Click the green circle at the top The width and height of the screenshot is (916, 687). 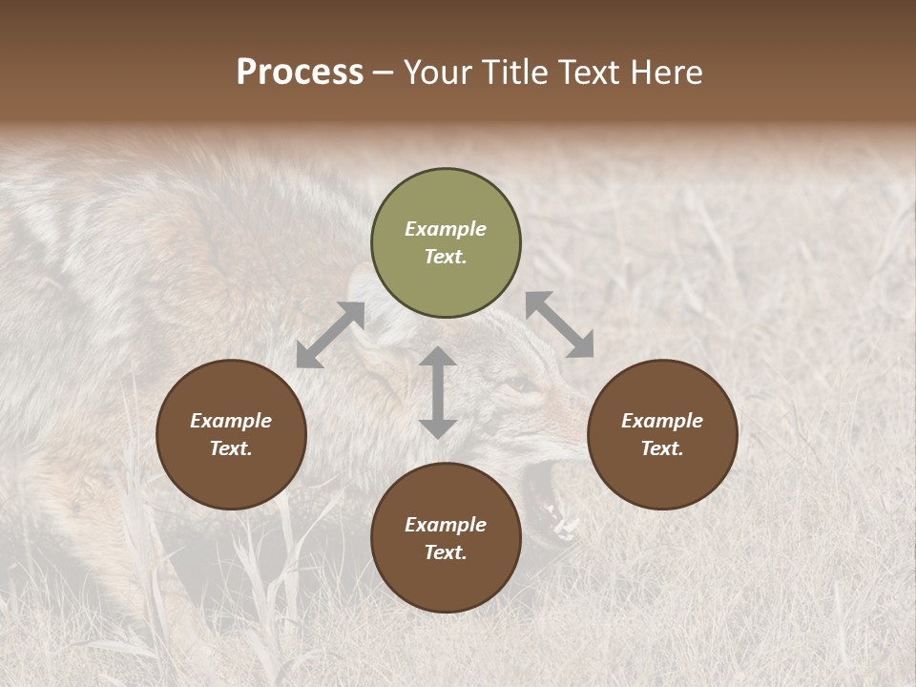446,243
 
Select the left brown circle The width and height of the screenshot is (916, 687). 231,434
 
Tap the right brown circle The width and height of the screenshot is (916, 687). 662,434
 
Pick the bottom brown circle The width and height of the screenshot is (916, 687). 446,538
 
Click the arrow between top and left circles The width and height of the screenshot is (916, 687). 330,335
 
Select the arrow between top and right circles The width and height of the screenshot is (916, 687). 560,324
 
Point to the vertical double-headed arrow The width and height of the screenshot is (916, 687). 438,392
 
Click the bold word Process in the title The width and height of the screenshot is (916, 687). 300,73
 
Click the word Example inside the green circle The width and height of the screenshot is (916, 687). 446,229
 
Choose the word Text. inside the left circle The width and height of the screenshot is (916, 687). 231,448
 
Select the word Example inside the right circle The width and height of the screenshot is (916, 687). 662,421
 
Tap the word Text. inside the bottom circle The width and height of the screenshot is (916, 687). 446,552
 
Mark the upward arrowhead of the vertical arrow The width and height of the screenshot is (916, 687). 438,357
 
